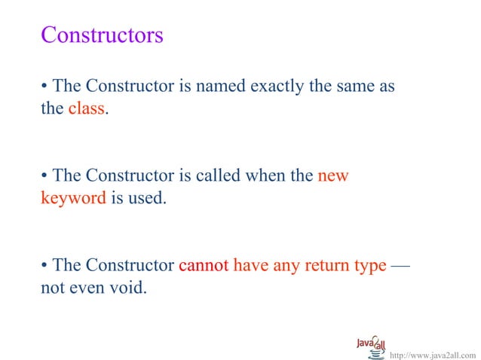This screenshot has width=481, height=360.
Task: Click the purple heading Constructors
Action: pos(102,35)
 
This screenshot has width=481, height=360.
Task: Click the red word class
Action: pos(86,108)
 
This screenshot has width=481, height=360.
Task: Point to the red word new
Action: pos(333,176)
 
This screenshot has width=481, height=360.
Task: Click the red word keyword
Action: pos(73,199)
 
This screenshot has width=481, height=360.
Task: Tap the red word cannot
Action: pos(204,266)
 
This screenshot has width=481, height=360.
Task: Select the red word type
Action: pos(369,266)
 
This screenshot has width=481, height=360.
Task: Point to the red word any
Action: pos(288,266)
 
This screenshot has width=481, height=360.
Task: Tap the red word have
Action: pos(250,266)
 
